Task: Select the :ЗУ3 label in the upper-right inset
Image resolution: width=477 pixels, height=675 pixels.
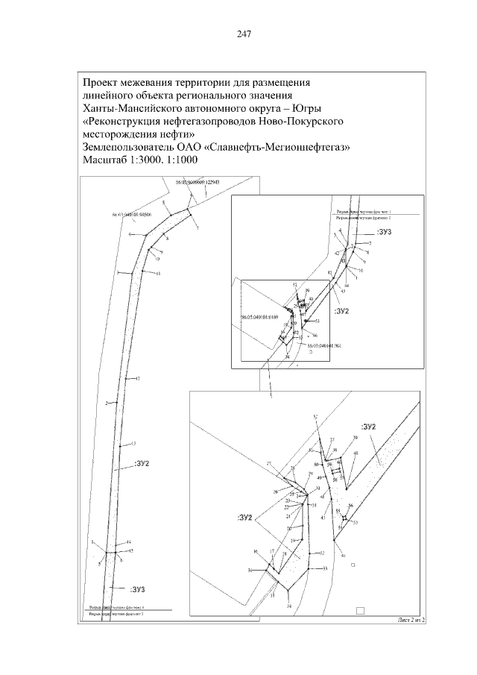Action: [x=384, y=233]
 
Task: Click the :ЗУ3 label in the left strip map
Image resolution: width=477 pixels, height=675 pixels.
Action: [x=136, y=589]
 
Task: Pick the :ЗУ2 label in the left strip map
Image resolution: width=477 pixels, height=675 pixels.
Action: [x=144, y=464]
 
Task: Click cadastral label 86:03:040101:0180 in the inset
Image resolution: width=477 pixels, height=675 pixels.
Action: [x=258, y=316]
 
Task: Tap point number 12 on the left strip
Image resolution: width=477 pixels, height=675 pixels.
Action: [x=138, y=379]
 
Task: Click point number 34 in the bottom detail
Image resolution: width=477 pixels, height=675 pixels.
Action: [x=289, y=606]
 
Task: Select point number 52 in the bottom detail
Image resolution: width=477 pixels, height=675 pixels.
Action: [x=315, y=416]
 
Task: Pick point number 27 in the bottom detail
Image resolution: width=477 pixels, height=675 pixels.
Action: [x=269, y=465]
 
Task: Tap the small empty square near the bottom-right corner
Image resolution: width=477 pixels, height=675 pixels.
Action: [x=360, y=609]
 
